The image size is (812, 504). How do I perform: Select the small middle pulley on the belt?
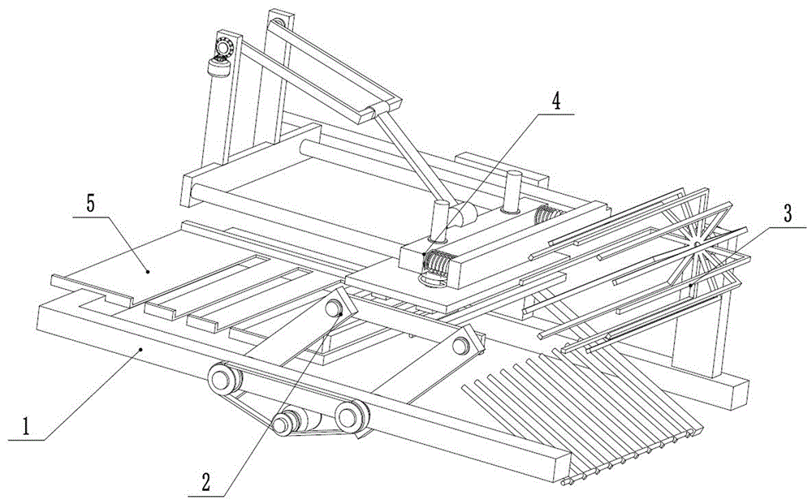[x=286, y=421]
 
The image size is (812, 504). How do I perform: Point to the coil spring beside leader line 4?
[x=438, y=264]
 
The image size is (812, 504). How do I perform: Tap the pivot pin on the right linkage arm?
[x=462, y=345]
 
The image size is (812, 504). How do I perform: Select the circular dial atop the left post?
[x=224, y=43]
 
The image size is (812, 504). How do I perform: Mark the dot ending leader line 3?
[x=690, y=286]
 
